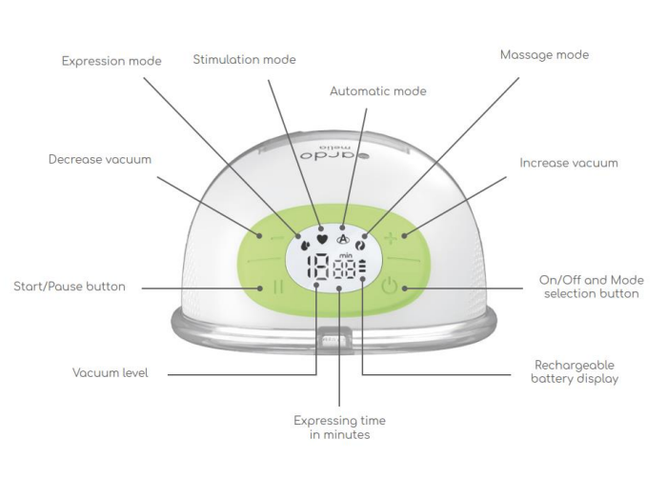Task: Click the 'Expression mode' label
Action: (x=111, y=61)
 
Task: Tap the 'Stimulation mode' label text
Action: (x=244, y=59)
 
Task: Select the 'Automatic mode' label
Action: (x=377, y=91)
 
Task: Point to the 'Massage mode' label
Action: (x=544, y=55)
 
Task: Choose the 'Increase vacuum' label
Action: (x=568, y=163)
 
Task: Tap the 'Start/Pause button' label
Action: (x=69, y=286)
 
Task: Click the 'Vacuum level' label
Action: (x=111, y=373)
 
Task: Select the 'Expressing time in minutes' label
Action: (x=339, y=427)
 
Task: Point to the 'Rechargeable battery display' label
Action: (x=572, y=371)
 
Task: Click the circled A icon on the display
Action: (x=343, y=240)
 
